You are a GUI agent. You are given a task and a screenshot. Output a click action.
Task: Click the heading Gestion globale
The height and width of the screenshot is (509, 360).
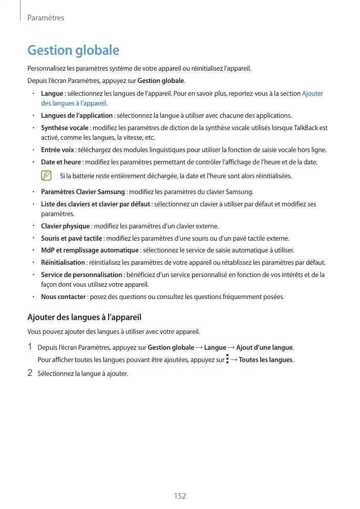[x=73, y=51]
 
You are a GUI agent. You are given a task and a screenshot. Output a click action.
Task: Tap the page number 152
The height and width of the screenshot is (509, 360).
[x=180, y=496]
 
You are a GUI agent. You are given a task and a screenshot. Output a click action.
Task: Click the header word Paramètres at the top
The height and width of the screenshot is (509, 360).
[x=46, y=18]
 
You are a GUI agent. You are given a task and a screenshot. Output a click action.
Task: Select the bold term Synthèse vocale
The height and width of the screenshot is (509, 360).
[x=65, y=128]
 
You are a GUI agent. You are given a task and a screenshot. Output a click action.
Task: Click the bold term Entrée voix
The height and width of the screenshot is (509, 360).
[x=57, y=150]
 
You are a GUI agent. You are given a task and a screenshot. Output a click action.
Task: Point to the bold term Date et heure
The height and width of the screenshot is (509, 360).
[x=61, y=162]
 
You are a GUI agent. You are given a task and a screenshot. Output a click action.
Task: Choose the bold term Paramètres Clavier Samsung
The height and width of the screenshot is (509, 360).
[x=83, y=192]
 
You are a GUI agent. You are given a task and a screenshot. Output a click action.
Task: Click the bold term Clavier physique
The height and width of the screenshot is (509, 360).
[x=66, y=226]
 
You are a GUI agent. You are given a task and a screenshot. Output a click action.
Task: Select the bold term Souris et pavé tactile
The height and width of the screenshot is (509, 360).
[x=72, y=239]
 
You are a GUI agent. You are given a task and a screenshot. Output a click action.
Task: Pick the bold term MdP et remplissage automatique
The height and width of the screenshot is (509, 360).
[x=90, y=250]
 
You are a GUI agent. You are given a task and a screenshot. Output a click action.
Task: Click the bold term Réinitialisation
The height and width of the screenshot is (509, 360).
[x=63, y=263]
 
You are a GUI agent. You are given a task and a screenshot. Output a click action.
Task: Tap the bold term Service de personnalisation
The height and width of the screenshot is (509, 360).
[x=81, y=275]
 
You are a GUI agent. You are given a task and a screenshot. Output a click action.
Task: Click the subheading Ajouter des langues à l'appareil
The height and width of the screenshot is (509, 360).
[x=84, y=317]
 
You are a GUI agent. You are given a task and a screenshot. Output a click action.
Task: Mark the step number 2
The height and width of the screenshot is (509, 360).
[x=30, y=373]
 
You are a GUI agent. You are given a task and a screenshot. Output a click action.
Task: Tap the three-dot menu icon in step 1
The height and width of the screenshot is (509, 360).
[x=227, y=359]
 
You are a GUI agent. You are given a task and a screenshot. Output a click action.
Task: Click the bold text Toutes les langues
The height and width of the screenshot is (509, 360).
[x=266, y=360]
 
